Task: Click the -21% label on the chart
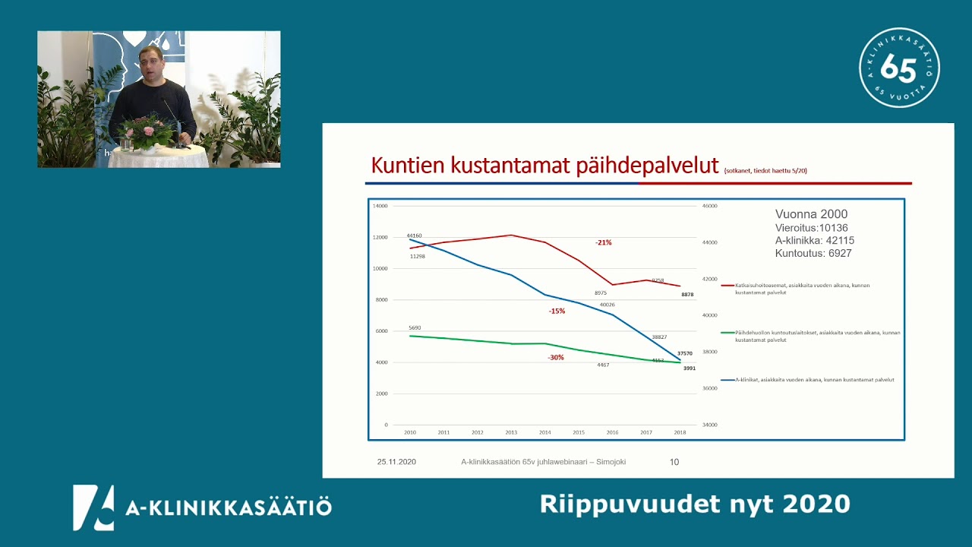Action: tap(603, 242)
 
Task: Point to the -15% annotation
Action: tap(557, 311)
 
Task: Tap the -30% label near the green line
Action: tap(556, 357)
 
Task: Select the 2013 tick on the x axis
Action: tap(511, 432)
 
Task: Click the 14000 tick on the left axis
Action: tap(380, 206)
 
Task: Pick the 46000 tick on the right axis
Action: tap(708, 206)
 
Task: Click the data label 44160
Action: tap(414, 236)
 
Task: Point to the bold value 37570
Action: tap(684, 353)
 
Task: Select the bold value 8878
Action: tap(686, 294)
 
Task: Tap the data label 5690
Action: tap(415, 327)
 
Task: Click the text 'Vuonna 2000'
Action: tap(811, 214)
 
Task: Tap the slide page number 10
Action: tap(674, 462)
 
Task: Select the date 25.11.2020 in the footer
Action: tap(396, 462)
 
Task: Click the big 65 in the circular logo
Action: tap(898, 69)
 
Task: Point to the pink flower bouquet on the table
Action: tap(147, 131)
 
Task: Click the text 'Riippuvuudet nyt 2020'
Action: tap(695, 504)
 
